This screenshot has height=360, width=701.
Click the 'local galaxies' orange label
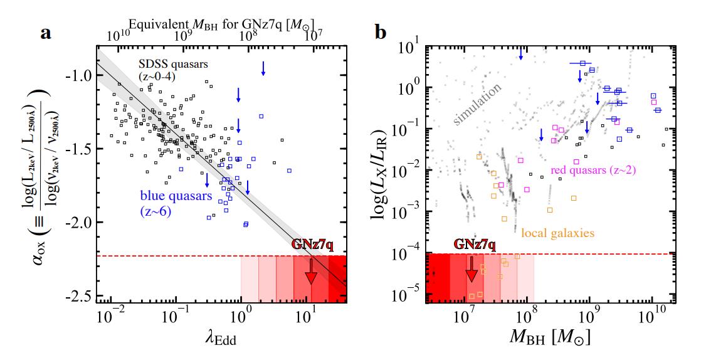tap(557, 233)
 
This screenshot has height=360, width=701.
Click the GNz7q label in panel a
tap(311, 244)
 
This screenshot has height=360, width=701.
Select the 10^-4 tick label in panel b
tap(410, 253)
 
